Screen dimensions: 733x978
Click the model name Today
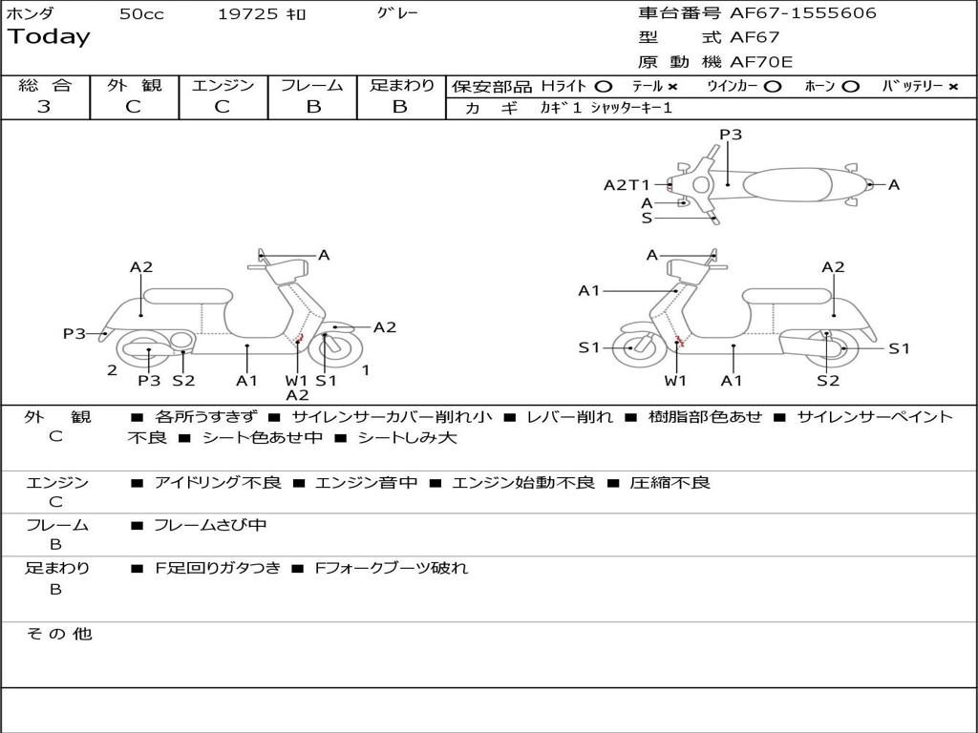pos(49,37)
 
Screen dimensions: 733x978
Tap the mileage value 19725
pos(247,14)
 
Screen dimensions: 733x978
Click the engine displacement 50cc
pos(141,14)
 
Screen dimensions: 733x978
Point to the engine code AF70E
pos(761,63)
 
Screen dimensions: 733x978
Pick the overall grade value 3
pos(44,107)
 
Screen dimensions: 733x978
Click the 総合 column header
pos(45,85)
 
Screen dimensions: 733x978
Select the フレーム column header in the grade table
pos(312,85)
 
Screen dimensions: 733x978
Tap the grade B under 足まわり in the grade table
pos(400,107)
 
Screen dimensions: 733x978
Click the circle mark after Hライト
pos(604,86)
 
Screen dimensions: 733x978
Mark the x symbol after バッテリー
pos(952,86)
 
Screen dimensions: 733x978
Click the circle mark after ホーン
pos(850,86)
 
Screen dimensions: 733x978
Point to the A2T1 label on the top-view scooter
pos(627,185)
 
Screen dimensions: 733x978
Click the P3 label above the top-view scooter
pos(731,135)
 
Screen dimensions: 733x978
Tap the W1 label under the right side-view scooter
pos(675,381)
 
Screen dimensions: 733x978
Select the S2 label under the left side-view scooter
pos(183,380)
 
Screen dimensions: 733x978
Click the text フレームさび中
pos(210,525)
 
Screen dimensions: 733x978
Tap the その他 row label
pos(58,634)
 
